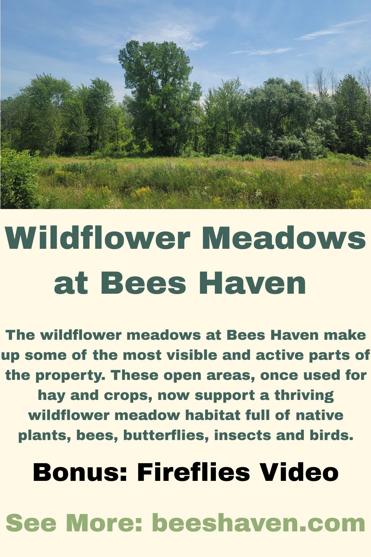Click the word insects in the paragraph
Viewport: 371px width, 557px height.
pyautogui.click(x=243, y=436)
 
